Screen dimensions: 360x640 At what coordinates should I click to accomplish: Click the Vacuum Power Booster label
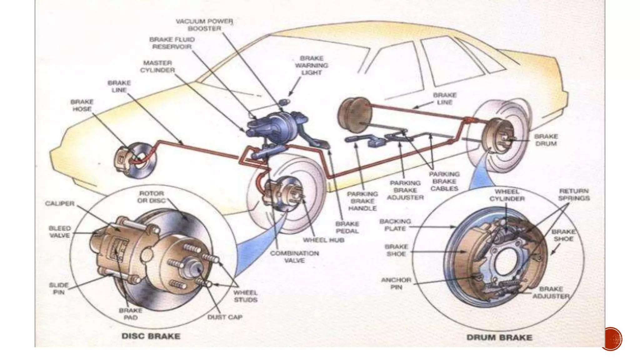point(204,25)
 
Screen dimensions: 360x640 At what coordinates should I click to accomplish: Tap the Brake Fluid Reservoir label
point(172,43)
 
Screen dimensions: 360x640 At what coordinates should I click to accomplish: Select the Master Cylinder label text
point(157,67)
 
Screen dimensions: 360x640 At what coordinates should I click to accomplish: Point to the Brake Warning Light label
point(312,65)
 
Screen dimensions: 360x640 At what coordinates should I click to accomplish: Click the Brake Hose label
point(82,105)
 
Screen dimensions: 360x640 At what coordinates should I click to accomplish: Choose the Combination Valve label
point(294,257)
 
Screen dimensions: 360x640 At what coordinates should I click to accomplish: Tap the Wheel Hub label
point(323,240)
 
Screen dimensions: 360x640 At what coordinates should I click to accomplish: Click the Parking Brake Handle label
point(362,201)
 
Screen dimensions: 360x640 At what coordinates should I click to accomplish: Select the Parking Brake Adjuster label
point(405,190)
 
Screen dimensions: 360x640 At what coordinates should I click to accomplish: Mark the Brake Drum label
point(546,140)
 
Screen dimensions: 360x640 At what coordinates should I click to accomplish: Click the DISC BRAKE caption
point(151,336)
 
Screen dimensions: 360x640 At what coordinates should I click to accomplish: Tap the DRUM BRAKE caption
point(499,337)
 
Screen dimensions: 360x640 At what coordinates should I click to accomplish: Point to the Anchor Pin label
point(396,283)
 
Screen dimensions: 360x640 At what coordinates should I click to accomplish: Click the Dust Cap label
point(225,317)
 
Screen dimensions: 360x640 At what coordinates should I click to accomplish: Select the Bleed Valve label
point(59,232)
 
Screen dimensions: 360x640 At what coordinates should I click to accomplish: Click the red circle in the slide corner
point(611,339)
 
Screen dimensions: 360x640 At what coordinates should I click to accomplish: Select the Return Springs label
point(574,194)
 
